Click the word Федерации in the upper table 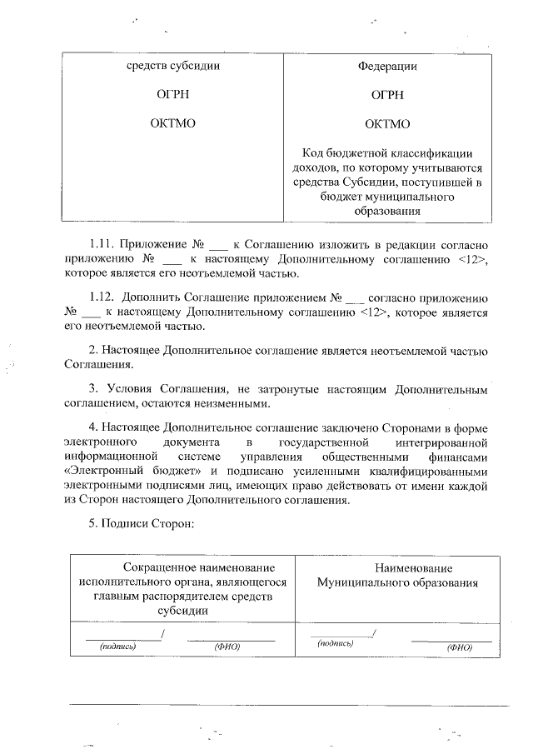click(x=387, y=67)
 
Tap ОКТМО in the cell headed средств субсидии click(x=172, y=125)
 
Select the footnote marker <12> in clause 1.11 click(x=471, y=259)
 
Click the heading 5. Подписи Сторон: click(x=141, y=524)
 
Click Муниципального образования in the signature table click(x=396, y=582)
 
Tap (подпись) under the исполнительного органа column click(x=117, y=646)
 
